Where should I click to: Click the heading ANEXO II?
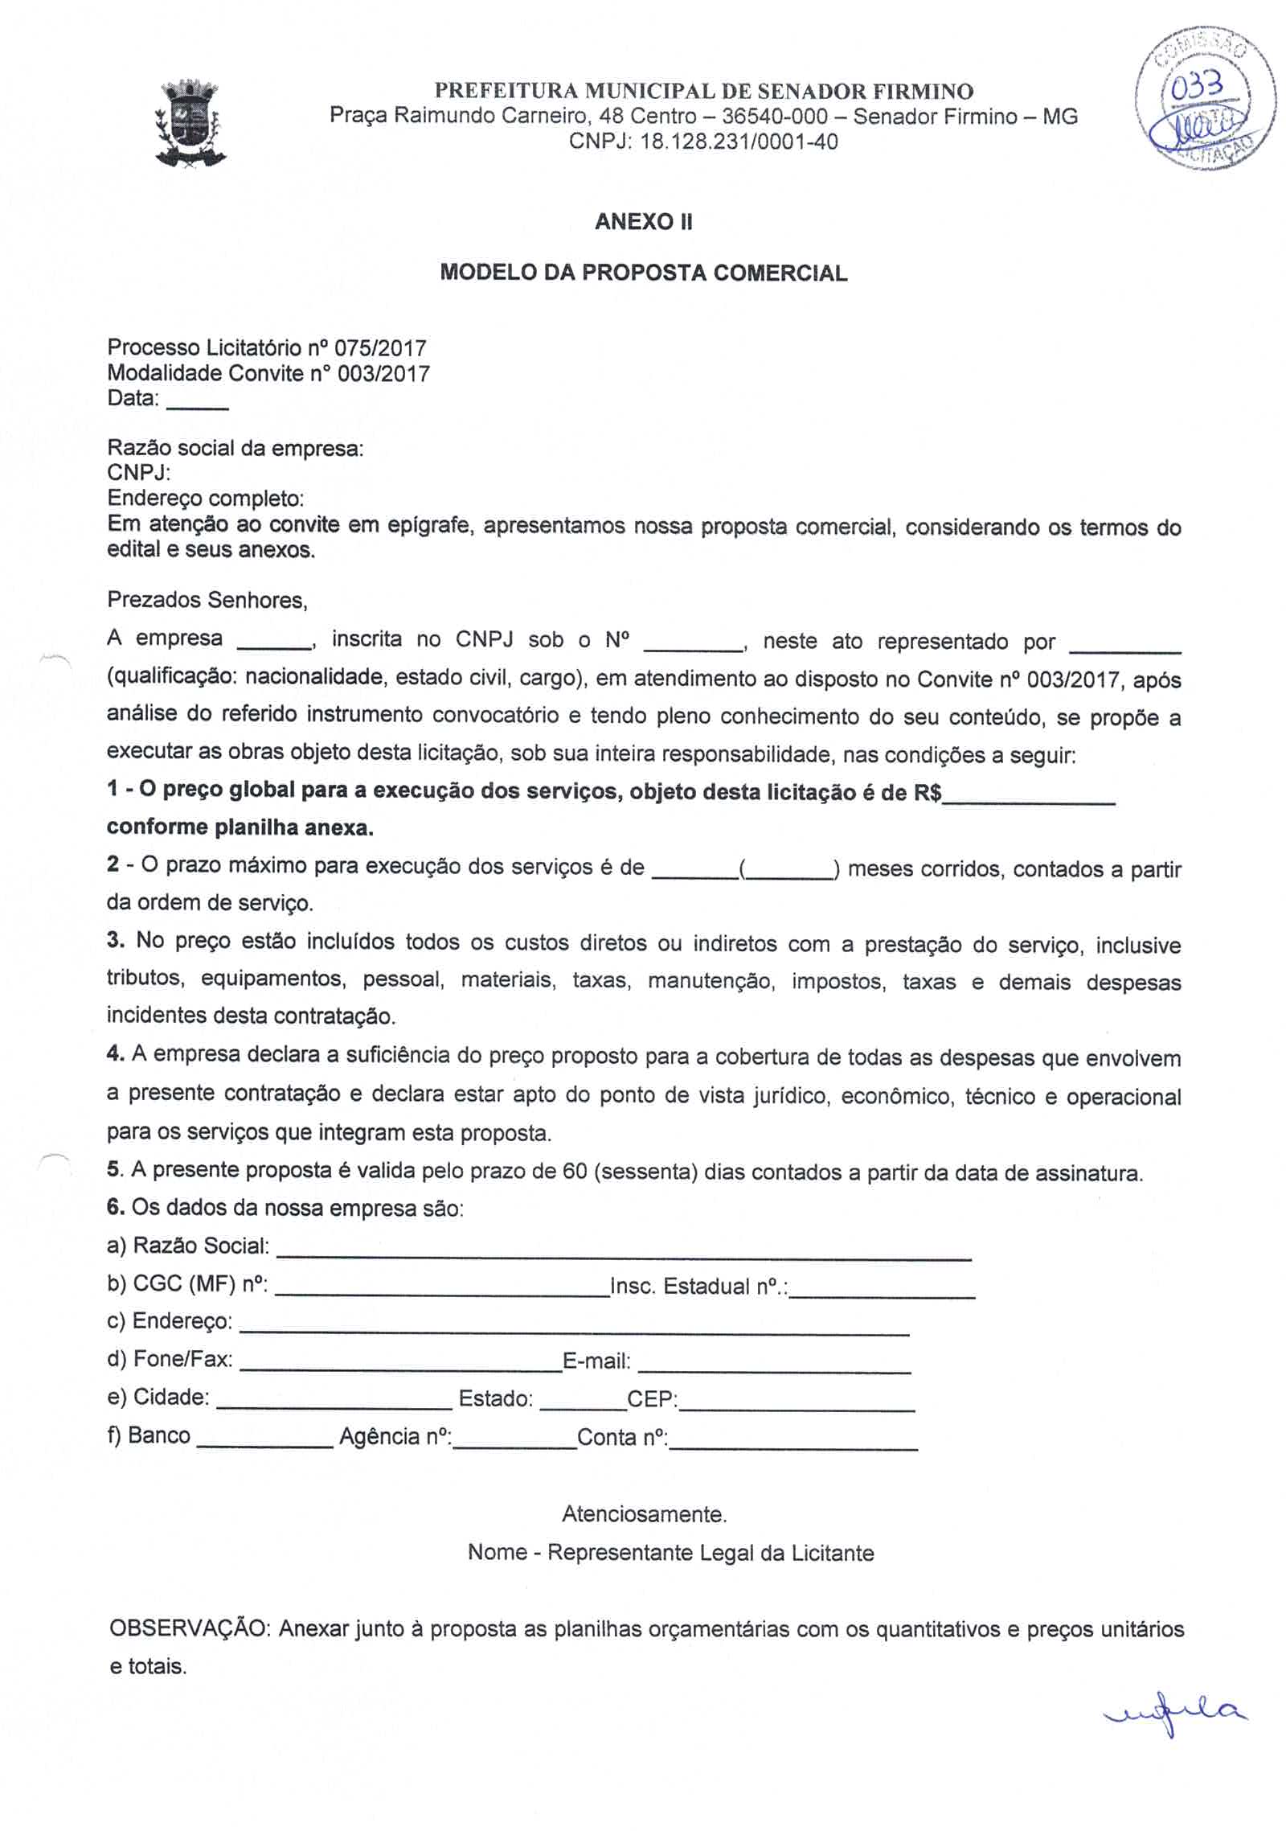tap(643, 222)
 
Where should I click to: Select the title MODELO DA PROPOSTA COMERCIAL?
tap(643, 273)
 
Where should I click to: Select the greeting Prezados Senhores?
tap(207, 600)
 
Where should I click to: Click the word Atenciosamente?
tap(644, 1514)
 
